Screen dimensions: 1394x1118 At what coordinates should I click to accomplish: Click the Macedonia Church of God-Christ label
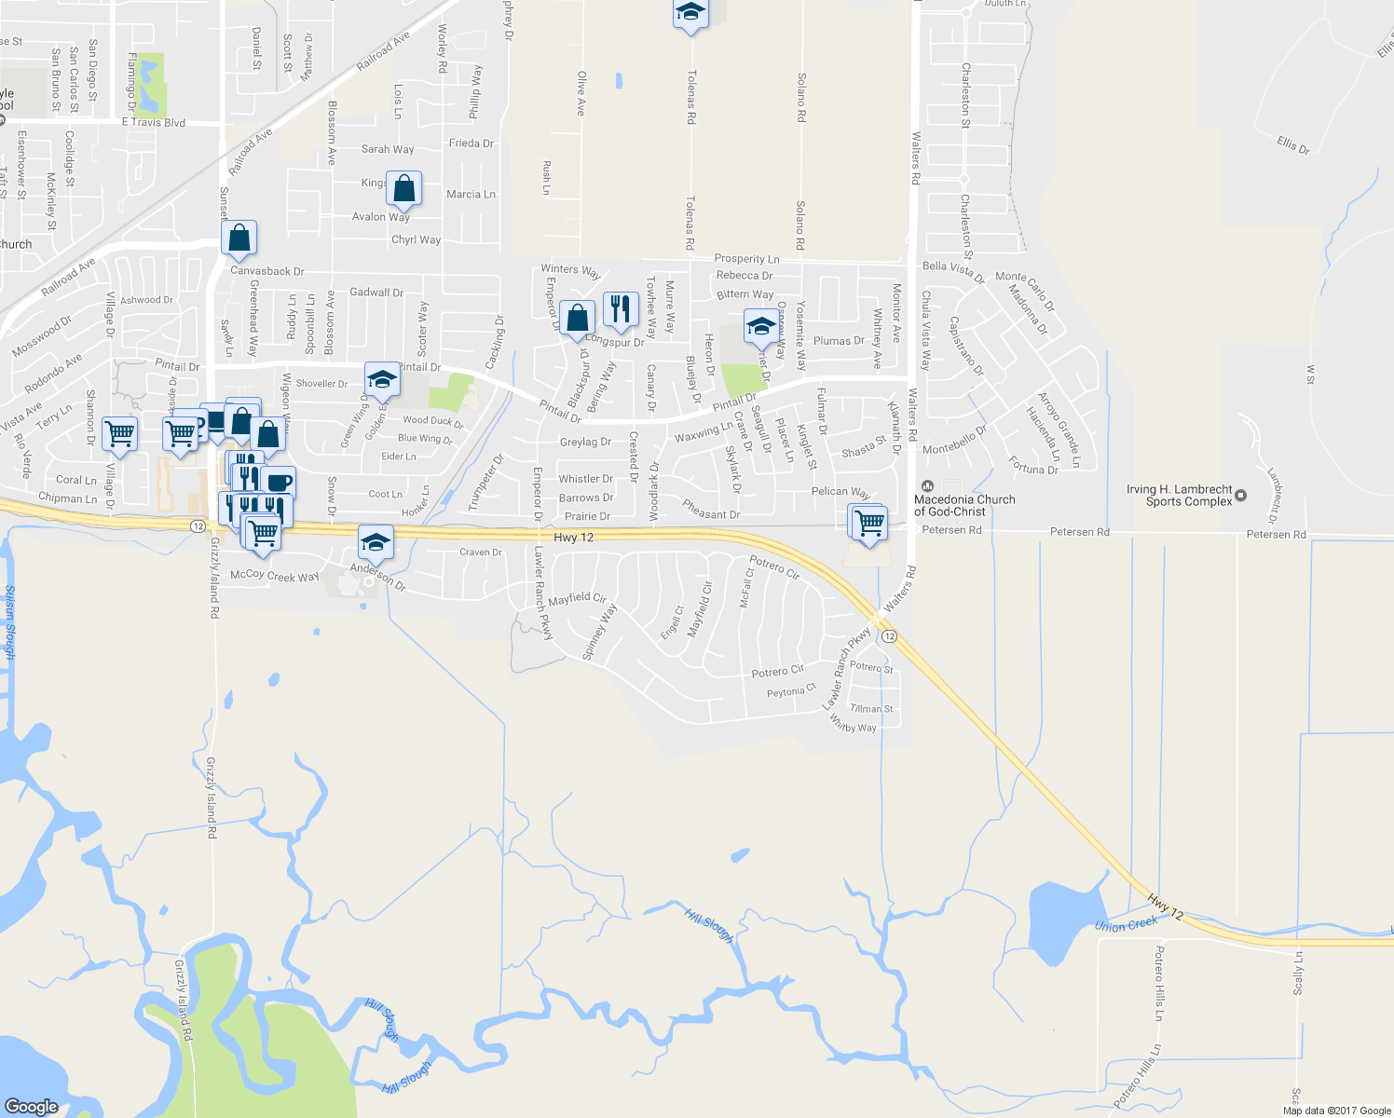[963, 505]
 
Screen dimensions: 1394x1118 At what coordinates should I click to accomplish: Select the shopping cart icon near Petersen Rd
[869, 523]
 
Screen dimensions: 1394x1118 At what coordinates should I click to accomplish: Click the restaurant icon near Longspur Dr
[621, 308]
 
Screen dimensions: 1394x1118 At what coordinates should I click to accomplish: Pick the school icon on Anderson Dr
[376, 542]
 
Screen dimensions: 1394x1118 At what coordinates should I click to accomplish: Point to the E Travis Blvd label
[154, 122]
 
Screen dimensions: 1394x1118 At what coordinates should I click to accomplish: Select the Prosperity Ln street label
[746, 259]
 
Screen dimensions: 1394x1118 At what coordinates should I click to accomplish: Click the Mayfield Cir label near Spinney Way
[577, 599]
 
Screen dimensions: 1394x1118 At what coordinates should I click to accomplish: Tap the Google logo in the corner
[31, 1106]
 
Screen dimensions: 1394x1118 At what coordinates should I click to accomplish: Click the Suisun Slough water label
[10, 621]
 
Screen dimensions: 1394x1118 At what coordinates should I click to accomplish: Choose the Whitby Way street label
[853, 726]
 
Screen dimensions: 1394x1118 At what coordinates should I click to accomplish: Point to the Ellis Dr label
[1292, 144]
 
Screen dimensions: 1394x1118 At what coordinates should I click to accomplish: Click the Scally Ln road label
[1298, 973]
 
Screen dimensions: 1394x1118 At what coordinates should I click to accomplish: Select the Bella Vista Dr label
[952, 271]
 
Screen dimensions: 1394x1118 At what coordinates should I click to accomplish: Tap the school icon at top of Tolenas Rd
[690, 13]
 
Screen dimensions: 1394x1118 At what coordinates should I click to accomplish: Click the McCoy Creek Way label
[275, 576]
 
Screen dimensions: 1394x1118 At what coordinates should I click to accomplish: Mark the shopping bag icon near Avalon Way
[404, 188]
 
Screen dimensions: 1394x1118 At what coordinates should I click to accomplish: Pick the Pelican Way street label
[840, 492]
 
